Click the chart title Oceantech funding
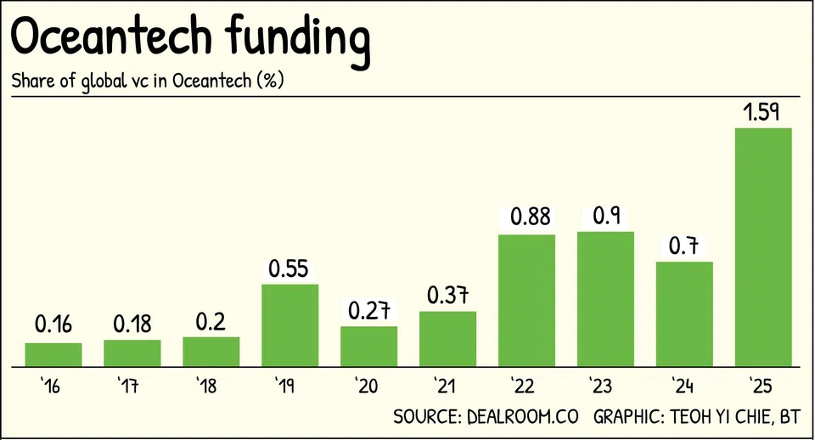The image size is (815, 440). [x=190, y=38]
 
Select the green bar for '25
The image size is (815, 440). [x=763, y=246]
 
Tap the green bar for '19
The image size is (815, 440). [x=289, y=324]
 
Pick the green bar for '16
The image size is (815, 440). [x=53, y=354]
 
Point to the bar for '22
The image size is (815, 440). [x=526, y=300]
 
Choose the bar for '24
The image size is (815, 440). [x=684, y=313]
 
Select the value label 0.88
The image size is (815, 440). [x=526, y=217]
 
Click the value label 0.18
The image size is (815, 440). [x=132, y=324]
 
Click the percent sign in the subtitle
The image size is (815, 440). [x=273, y=82]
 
